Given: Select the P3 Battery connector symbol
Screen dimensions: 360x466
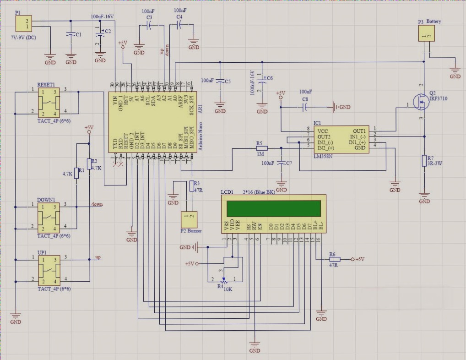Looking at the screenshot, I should pos(427,34).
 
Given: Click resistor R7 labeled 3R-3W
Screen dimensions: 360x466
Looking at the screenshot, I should pos(424,161).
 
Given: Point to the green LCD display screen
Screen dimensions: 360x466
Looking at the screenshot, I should pos(273,208).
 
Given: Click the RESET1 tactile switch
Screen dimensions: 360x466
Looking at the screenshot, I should pos(48,102).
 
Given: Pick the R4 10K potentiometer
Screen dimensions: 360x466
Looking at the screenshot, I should pos(224,280).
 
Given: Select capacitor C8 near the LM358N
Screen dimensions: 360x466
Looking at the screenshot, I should pos(305,107).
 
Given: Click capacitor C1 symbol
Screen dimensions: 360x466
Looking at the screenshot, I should pos(70,34).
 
